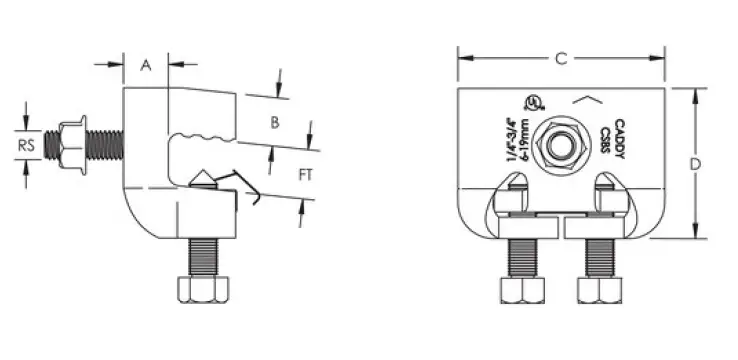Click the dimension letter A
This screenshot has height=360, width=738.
146,66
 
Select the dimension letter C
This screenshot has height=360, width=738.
561,60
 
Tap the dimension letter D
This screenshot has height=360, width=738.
721,164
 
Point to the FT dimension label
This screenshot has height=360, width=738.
311,175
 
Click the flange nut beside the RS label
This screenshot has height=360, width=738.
68,146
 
